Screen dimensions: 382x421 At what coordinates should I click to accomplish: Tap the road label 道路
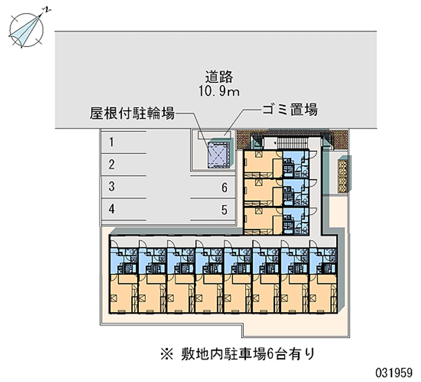tap(219, 77)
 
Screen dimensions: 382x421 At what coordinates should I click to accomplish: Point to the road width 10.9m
tap(219, 91)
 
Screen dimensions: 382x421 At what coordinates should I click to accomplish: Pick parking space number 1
tap(112, 141)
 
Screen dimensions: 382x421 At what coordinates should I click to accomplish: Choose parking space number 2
tap(112, 164)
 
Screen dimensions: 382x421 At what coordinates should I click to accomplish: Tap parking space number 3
tap(112, 186)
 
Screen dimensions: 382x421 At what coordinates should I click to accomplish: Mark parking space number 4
tap(112, 209)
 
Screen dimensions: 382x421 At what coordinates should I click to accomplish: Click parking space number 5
tap(224, 210)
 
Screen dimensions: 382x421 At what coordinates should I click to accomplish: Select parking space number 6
tap(224, 188)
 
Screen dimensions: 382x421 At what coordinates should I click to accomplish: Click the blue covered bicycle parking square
tap(218, 152)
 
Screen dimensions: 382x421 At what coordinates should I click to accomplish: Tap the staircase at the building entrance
tap(290, 143)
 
